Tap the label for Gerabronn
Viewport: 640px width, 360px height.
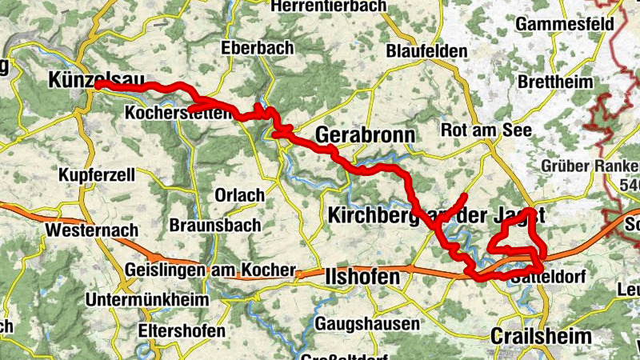click(365, 136)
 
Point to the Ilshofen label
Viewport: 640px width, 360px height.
click(363, 277)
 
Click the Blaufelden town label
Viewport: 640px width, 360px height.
click(426, 50)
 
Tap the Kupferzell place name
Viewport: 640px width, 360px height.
click(97, 174)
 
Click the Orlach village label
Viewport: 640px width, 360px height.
click(238, 195)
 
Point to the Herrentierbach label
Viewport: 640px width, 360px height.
click(329, 6)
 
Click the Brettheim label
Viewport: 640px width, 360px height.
click(555, 82)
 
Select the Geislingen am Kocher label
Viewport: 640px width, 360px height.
click(210, 270)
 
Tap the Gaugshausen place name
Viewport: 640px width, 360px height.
click(367, 324)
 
